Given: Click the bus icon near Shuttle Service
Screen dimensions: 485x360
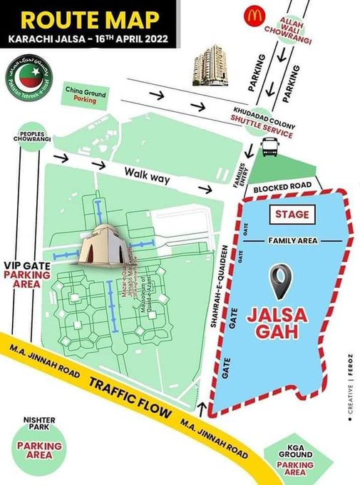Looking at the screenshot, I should point(270,148).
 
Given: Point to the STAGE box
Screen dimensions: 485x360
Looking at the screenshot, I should point(292,214).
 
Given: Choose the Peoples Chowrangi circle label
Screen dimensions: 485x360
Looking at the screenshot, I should point(29,138).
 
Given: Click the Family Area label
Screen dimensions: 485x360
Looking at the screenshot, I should point(292,242).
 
